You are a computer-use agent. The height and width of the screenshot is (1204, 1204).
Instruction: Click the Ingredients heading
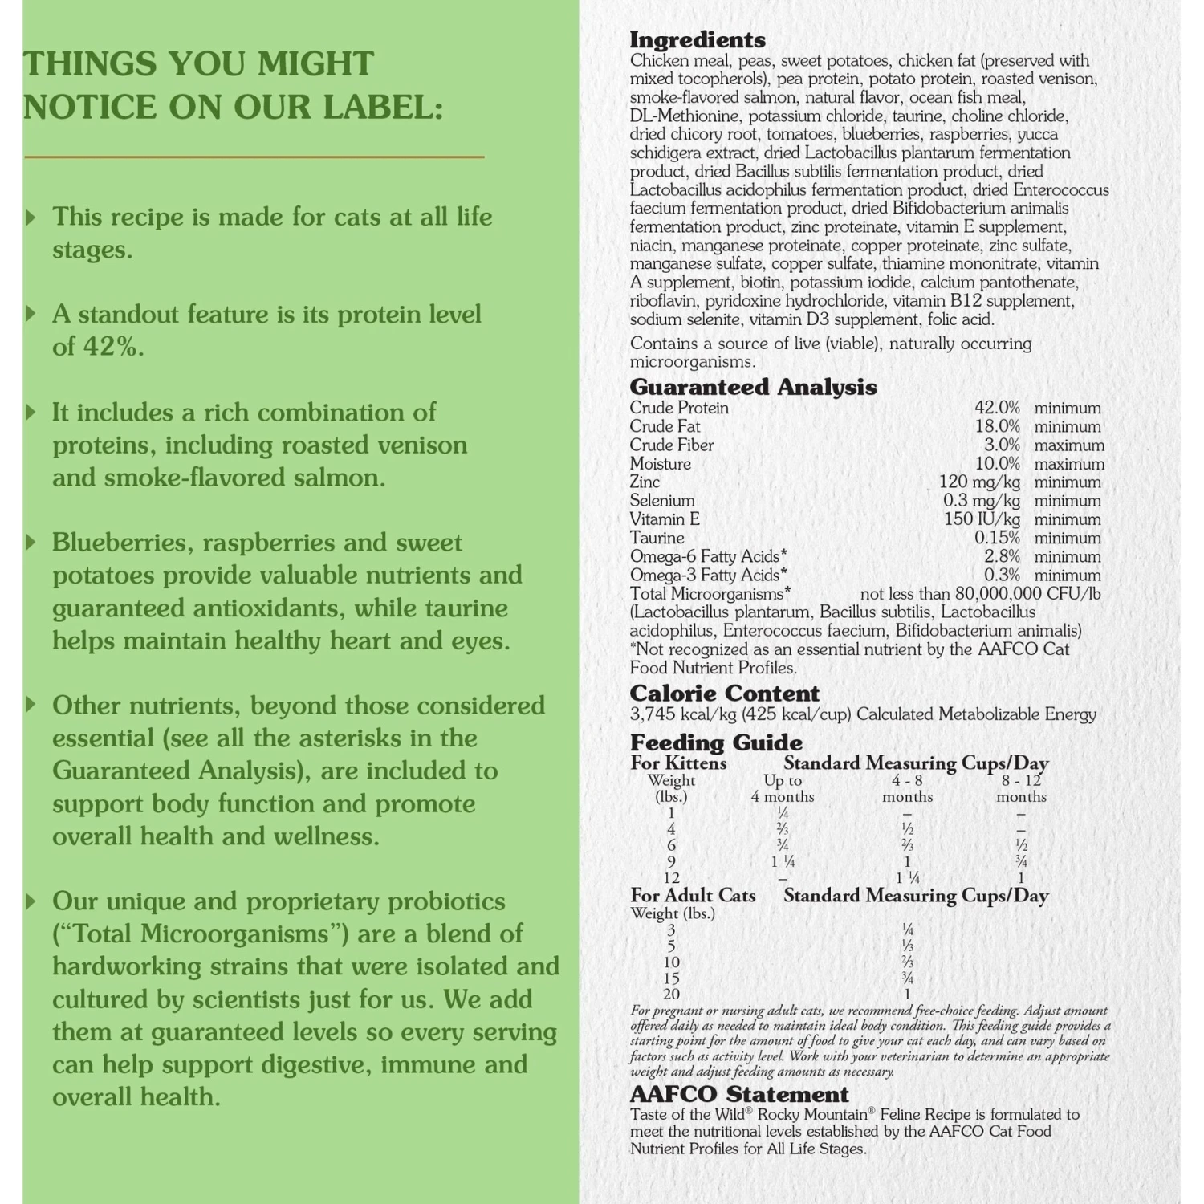697,40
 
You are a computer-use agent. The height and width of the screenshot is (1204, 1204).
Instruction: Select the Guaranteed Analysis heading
752,388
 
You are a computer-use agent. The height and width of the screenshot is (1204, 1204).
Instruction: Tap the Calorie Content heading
724,694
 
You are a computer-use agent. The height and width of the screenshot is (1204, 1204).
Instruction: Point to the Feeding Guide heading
715,742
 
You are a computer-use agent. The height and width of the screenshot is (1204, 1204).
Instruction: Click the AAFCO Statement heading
738,1095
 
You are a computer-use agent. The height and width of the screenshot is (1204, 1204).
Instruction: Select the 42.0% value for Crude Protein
997,409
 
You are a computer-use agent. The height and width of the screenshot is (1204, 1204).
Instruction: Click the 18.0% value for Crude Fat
997,427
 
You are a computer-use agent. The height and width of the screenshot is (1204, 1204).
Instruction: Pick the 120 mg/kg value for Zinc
979,482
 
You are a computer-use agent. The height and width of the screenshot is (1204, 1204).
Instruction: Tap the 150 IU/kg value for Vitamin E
982,519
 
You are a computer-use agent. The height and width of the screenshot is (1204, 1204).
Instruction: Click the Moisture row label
660,464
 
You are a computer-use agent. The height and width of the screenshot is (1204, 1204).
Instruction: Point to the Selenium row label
661,501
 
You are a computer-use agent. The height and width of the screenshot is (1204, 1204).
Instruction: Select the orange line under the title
254,157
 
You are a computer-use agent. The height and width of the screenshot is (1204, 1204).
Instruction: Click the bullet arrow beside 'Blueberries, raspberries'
31,543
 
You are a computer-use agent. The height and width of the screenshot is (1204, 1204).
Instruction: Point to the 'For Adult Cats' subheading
693,896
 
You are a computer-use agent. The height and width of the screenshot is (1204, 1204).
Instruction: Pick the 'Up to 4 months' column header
783,788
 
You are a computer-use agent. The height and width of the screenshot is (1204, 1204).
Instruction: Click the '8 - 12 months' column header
1021,788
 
